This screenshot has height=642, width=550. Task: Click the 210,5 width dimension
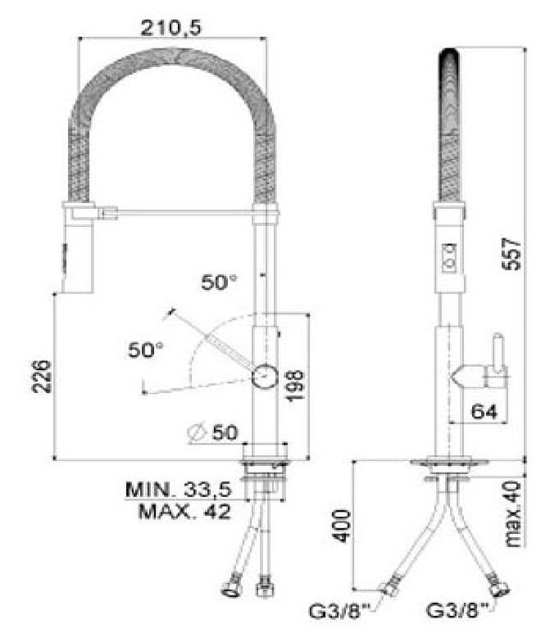[x=171, y=28]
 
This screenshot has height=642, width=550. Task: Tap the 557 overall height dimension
[x=513, y=254]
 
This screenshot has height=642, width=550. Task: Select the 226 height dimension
[x=43, y=377]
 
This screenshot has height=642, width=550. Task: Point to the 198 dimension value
[x=296, y=387]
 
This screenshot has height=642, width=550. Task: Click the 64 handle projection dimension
[x=484, y=411]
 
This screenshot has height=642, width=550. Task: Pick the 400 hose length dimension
[x=343, y=526]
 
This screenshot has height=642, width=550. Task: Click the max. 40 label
[x=513, y=514]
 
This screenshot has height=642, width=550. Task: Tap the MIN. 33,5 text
[x=179, y=490]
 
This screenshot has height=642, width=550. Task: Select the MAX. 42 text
[x=184, y=511]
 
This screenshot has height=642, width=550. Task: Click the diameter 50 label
[x=212, y=432]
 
